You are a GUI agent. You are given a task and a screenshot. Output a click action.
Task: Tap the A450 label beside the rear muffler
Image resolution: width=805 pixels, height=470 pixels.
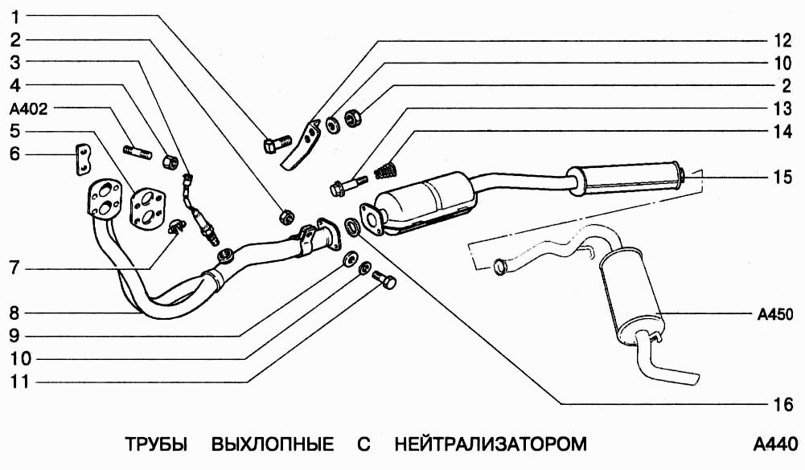coord(775,314)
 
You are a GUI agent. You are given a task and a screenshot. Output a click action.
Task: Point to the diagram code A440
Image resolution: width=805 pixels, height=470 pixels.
coord(775,444)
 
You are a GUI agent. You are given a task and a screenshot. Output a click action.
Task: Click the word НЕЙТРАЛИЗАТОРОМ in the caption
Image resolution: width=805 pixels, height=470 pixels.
coord(491,444)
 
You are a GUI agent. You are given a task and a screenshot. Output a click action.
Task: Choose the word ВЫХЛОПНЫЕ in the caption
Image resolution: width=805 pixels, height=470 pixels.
coord(273,444)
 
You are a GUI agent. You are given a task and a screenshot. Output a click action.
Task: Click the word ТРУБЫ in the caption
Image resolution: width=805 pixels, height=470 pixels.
coord(156,444)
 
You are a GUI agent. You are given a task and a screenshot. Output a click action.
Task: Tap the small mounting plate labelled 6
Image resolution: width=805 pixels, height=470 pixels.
coord(81,158)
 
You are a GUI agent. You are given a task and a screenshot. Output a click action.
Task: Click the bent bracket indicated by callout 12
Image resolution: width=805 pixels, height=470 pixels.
coord(301,145)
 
